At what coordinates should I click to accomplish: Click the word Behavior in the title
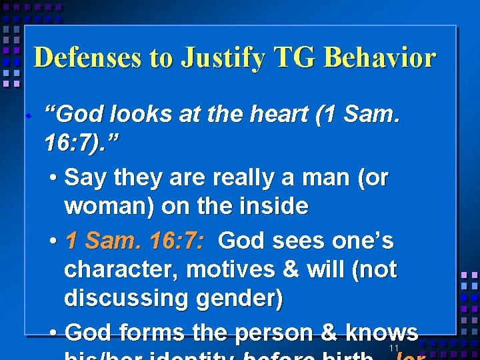pos(379,58)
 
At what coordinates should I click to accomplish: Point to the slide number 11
pos(393,349)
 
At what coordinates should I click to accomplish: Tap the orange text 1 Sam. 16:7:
pos(135,240)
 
